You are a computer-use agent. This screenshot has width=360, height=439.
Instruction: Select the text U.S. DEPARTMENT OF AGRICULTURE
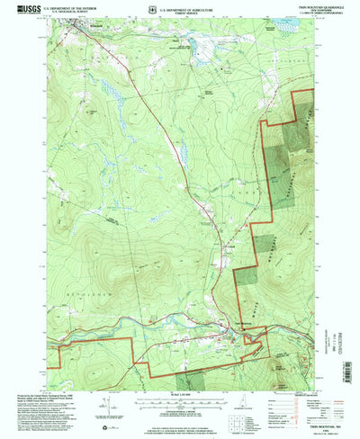[190, 5]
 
